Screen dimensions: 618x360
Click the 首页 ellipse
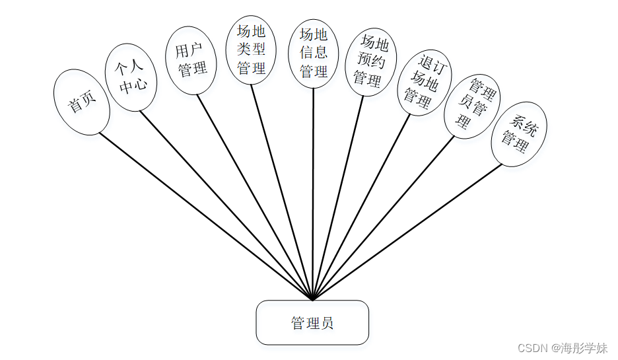coord(82,102)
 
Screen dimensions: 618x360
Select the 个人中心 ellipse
coord(131,77)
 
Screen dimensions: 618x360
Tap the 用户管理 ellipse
coord(191,60)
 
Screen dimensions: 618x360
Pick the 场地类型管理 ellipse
coord(251,50)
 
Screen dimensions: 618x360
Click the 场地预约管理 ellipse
coord(370,62)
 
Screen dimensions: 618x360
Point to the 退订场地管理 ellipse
coord(423,83)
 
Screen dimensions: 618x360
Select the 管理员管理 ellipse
coord(471,106)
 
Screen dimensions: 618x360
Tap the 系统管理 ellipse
coord(519,133)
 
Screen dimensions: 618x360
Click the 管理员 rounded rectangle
coord(312,322)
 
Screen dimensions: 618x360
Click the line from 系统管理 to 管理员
coord(407,233)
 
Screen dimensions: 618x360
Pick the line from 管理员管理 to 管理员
coord(383,218)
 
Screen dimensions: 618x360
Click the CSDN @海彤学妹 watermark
coord(562,348)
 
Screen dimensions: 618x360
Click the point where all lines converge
coord(312,299)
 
